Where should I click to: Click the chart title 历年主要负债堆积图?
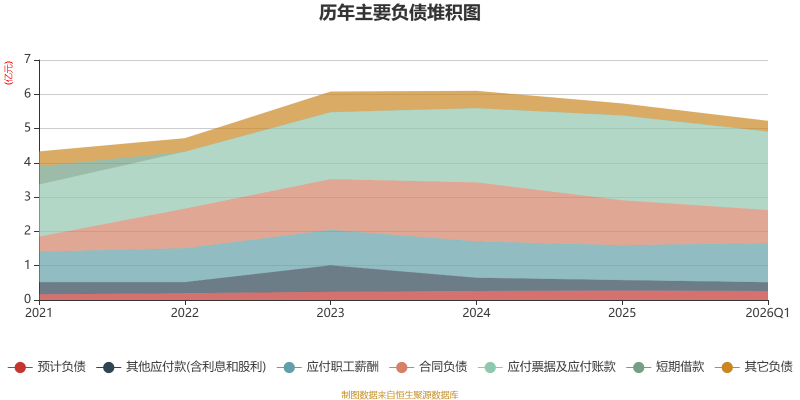pyautogui.click(x=399, y=13)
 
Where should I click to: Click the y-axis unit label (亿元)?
pyautogui.click(x=8, y=73)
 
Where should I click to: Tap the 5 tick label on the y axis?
pyautogui.click(x=27, y=127)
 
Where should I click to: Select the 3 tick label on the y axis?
pyautogui.click(x=27, y=196)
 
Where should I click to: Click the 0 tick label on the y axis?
pyautogui.click(x=27, y=299)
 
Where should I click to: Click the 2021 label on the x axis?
pyautogui.click(x=39, y=313)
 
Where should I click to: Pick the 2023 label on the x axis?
pyautogui.click(x=330, y=313)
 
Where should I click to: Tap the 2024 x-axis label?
pyautogui.click(x=476, y=313)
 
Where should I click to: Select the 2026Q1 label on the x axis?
pyautogui.click(x=767, y=313)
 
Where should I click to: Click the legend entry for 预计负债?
pyautogui.click(x=47, y=367)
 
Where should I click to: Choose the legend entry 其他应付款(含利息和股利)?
pyautogui.click(x=181, y=367)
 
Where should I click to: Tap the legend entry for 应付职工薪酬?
pyautogui.click(x=328, y=367)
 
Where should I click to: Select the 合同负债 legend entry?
pyautogui.click(x=428, y=367)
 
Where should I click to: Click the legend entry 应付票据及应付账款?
pyautogui.click(x=547, y=367)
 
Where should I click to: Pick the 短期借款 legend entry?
pyautogui.click(x=665, y=367)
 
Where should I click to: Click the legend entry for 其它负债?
pyautogui.click(x=753, y=367)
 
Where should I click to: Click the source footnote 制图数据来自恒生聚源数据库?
pyautogui.click(x=399, y=394)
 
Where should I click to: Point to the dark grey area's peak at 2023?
pyautogui.click(x=330, y=265)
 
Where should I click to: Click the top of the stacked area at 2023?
pyautogui.click(x=330, y=92)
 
